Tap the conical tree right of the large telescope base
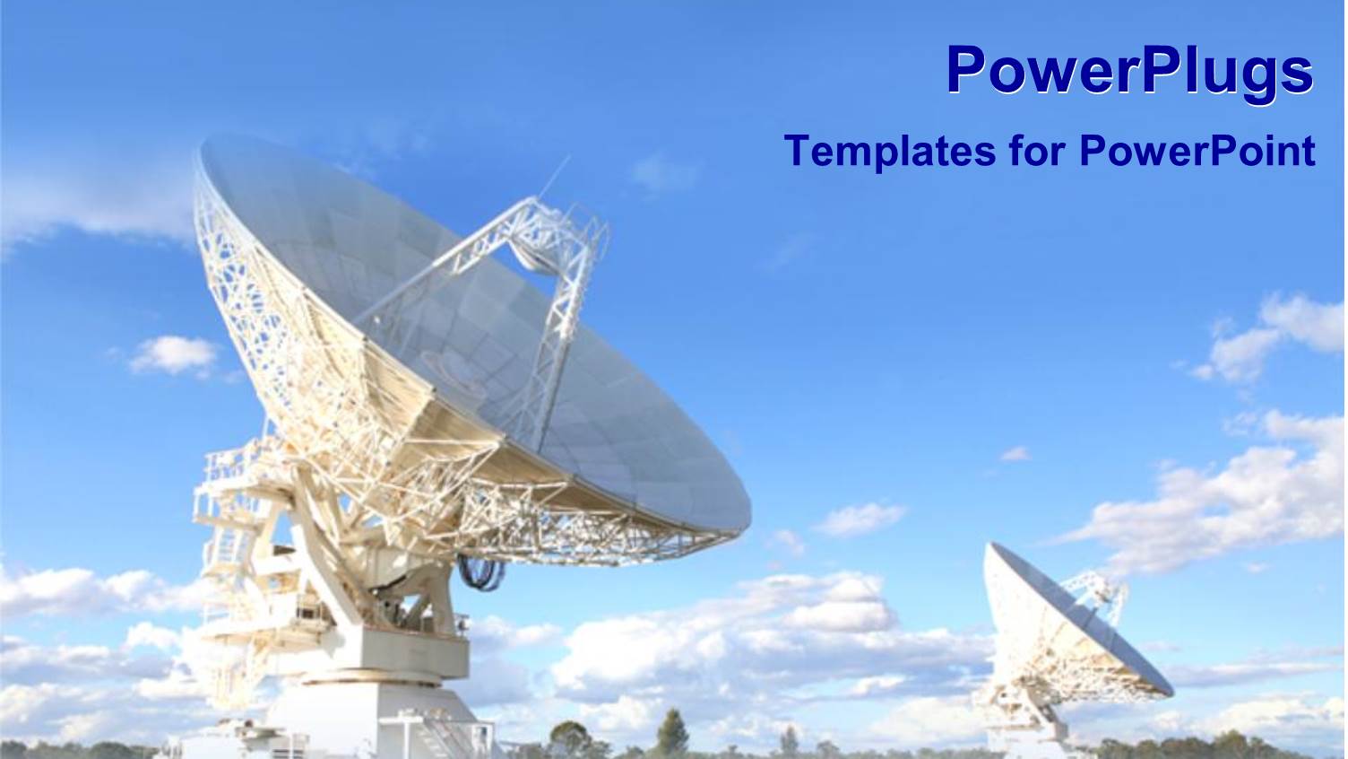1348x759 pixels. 670,731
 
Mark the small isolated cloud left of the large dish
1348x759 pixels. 174,354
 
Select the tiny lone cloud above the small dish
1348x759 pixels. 1015,454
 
